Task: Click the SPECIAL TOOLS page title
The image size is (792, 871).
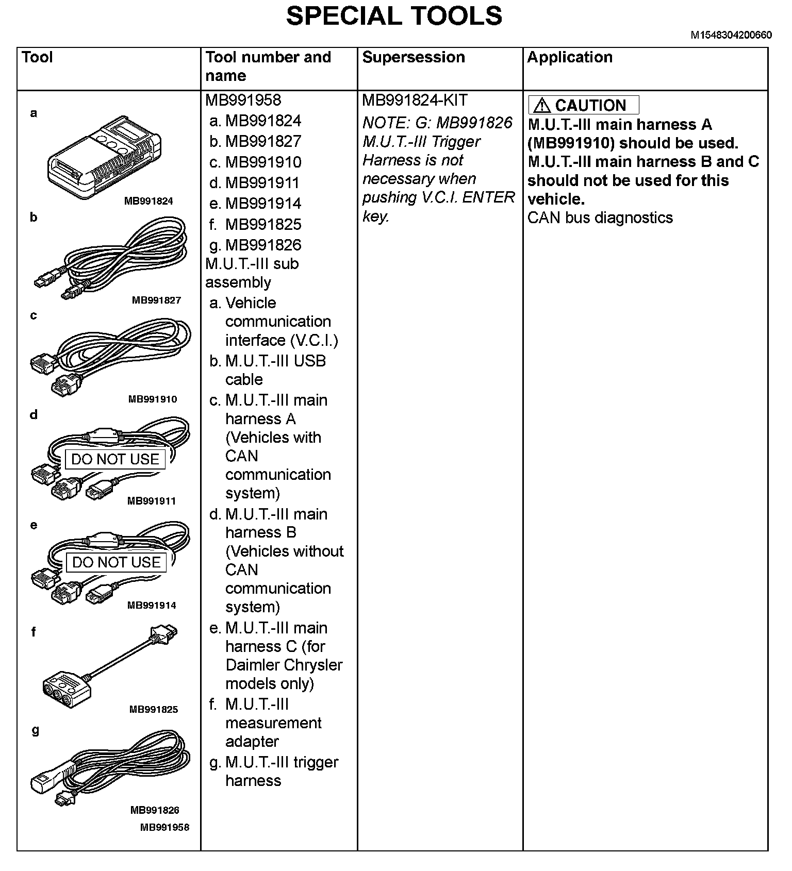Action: point(394,16)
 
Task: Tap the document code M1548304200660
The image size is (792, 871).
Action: point(731,35)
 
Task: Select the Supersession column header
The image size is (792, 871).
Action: point(414,57)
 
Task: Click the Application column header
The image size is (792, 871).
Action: point(570,57)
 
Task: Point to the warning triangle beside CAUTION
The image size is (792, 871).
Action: point(542,106)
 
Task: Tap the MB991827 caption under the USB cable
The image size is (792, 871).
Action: point(156,300)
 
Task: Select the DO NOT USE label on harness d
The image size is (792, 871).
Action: point(115,459)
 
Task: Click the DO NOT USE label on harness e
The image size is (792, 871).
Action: point(117,562)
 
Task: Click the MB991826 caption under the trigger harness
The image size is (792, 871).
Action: point(155,810)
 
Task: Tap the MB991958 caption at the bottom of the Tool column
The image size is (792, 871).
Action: point(165,827)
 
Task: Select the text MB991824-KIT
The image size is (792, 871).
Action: point(415,100)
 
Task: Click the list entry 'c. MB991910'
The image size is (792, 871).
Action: point(256,162)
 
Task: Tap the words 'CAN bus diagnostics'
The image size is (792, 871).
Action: point(600,218)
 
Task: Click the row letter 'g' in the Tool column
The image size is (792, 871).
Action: point(35,730)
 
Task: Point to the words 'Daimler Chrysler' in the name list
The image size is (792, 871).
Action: point(284,665)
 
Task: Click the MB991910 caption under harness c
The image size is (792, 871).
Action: point(153,399)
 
